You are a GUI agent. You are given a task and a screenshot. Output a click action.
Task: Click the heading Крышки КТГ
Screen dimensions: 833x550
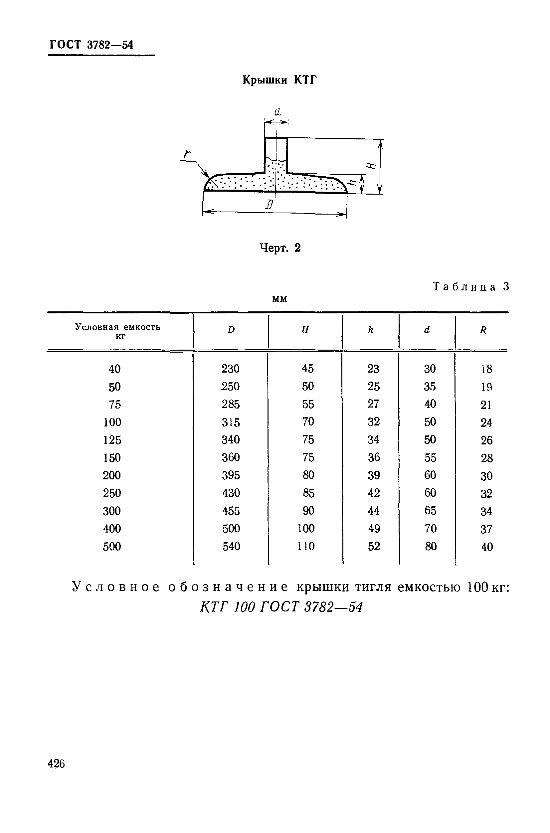(279, 80)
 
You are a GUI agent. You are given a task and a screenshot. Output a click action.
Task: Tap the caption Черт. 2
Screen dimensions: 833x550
(280, 248)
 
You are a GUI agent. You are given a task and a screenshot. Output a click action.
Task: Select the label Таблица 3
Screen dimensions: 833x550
(471, 286)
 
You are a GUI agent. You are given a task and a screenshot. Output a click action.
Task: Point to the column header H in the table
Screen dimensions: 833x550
(305, 330)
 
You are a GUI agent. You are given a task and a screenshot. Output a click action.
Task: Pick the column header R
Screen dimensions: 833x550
(483, 330)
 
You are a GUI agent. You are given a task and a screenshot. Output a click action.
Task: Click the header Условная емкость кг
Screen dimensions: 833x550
(118, 331)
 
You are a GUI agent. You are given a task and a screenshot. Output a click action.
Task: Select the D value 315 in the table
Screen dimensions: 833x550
(231, 422)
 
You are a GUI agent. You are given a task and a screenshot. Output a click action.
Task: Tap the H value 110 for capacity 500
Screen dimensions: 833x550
(306, 546)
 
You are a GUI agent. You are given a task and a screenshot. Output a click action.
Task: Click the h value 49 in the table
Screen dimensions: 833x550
(374, 528)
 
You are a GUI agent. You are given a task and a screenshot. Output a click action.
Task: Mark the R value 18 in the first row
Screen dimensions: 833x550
(487, 369)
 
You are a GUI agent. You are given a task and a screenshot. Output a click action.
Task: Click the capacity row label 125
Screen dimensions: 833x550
(112, 440)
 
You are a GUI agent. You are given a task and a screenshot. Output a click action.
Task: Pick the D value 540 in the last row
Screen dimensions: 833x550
(231, 546)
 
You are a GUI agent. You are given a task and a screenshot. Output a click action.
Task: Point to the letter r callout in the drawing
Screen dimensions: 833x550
(187, 154)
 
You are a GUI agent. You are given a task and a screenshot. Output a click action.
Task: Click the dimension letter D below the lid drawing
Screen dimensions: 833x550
(270, 205)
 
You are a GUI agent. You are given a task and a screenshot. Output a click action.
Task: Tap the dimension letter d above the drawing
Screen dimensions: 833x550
(277, 112)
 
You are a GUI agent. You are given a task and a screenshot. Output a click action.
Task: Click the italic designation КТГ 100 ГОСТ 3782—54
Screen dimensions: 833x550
(281, 606)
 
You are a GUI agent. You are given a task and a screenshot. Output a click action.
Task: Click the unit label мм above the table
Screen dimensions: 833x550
(279, 299)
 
